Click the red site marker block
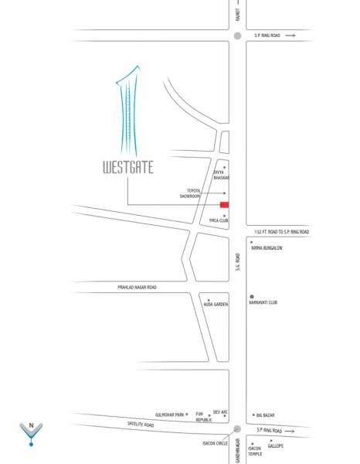click(225, 205)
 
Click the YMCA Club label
click(219, 220)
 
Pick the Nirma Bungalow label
click(267, 248)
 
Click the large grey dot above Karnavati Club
click(252, 296)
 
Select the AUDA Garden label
click(216, 305)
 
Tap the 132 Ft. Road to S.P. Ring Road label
click(282, 232)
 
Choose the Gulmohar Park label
click(169, 415)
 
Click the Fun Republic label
click(203, 417)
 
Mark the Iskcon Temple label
click(255, 451)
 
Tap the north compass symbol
click(30, 433)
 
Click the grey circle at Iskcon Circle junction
click(238, 430)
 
